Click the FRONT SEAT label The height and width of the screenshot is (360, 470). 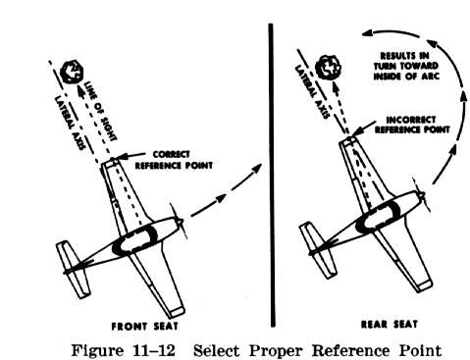pyautogui.click(x=144, y=326)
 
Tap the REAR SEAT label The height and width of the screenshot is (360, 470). pyautogui.click(x=390, y=324)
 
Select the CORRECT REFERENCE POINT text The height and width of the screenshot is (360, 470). pyautogui.click(x=174, y=160)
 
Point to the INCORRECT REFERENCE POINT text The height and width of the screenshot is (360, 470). pyautogui.click(x=412, y=125)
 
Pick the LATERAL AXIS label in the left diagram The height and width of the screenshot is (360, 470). pyautogui.click(x=69, y=123)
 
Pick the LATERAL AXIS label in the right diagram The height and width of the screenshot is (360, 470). pyautogui.click(x=311, y=92)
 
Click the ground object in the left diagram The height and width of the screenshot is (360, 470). pyautogui.click(x=72, y=72)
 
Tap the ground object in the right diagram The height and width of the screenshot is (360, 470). pyautogui.click(x=328, y=67)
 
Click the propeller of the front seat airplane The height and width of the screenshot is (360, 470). pyautogui.click(x=179, y=222)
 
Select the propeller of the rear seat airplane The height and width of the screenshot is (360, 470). pyautogui.click(x=422, y=195)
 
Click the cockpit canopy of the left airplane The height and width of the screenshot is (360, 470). pyautogui.click(x=134, y=239)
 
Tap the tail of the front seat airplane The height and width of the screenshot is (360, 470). pyautogui.click(x=73, y=269)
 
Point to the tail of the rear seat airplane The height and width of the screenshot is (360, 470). pyautogui.click(x=317, y=250)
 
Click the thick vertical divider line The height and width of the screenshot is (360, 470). pyautogui.click(x=272, y=175)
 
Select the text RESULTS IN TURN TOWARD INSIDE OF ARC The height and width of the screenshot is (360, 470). pyautogui.click(x=406, y=66)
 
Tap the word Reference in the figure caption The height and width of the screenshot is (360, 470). pyautogui.click(x=350, y=350)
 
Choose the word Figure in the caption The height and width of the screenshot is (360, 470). pyautogui.click(x=97, y=351)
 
